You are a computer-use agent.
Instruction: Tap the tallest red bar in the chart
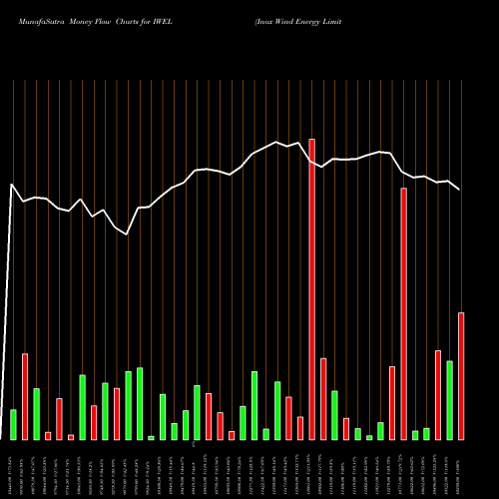click(311, 289)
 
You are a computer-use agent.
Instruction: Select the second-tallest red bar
click(403, 313)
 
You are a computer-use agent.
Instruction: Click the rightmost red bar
click(461, 376)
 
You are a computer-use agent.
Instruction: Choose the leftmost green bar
click(13, 424)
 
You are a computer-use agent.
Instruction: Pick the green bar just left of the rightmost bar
click(449, 400)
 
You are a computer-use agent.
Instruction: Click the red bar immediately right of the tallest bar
click(323, 398)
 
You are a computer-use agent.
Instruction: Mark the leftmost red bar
click(25, 396)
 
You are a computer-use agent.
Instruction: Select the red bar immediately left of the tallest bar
click(300, 428)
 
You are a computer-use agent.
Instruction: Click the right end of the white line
click(460, 190)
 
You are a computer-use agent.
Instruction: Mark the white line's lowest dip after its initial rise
click(127, 233)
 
